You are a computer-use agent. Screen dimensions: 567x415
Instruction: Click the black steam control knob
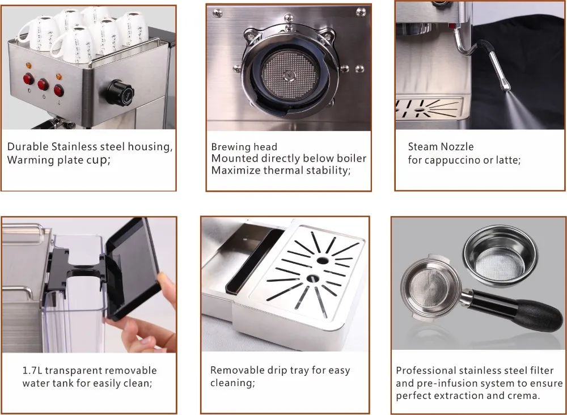click(x=120, y=93)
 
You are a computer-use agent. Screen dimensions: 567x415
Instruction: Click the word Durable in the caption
click(x=28, y=146)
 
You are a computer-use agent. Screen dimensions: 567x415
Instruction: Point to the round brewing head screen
click(x=290, y=75)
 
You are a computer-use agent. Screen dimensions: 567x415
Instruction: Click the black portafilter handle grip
click(x=539, y=315)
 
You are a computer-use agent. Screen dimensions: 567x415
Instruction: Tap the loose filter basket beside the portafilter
click(x=500, y=255)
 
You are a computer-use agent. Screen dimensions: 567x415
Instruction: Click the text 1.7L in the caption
click(x=32, y=371)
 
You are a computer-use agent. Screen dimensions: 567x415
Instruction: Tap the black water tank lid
click(x=133, y=268)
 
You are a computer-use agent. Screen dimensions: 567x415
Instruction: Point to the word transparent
click(x=74, y=371)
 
